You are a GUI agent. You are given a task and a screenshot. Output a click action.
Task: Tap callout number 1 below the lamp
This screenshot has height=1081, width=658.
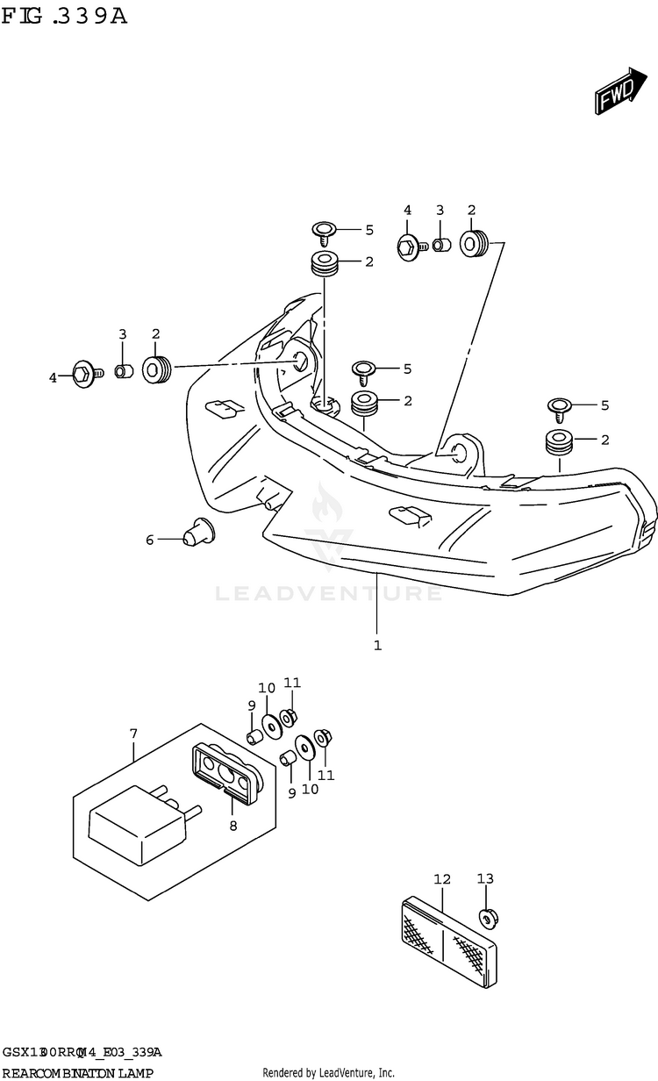tap(377, 646)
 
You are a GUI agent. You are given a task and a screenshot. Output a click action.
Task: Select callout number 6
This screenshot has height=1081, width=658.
tap(150, 540)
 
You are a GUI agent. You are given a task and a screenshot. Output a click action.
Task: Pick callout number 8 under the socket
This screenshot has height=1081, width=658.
tap(233, 825)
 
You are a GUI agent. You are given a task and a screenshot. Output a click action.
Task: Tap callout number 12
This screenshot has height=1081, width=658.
tap(441, 878)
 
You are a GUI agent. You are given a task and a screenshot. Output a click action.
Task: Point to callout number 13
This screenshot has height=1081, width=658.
tap(485, 878)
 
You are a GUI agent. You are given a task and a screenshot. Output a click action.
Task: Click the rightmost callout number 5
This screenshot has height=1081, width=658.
tap(604, 405)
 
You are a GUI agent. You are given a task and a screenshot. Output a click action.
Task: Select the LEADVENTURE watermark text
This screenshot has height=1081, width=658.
tap(329, 594)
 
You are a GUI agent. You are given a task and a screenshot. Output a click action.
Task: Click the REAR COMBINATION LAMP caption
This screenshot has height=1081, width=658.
tap(78, 1073)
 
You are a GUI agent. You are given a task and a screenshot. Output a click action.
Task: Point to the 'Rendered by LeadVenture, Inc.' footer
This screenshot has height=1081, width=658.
tap(329, 1073)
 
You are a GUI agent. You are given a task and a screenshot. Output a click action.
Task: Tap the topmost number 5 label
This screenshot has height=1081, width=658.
tap(369, 230)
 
